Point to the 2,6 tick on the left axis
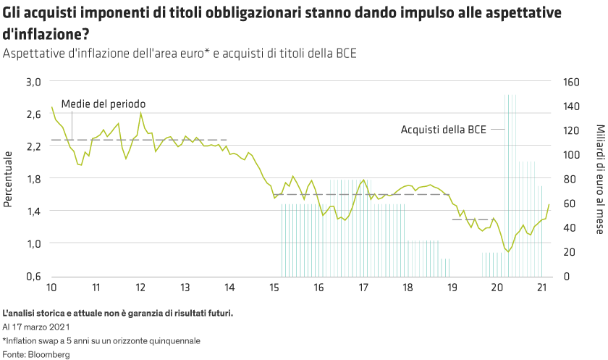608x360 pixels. click(34, 114)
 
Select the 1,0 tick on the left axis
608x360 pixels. click(34, 243)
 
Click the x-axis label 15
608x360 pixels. click(274, 287)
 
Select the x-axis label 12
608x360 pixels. click(140, 287)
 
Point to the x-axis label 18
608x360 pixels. click(408, 287)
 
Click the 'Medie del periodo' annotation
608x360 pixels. click(103, 104)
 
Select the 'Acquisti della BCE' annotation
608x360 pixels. click(444, 130)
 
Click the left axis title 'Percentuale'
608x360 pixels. click(8, 178)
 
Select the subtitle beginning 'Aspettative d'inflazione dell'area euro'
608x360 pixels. click(180, 54)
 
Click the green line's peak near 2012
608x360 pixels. click(140, 112)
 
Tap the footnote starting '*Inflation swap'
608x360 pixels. click(101, 340)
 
